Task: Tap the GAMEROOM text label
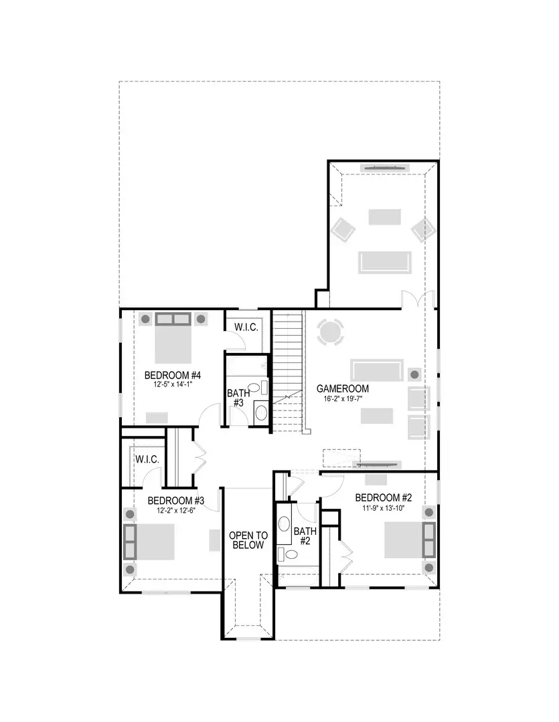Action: pyautogui.click(x=342, y=388)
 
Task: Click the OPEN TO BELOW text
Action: pyautogui.click(x=248, y=540)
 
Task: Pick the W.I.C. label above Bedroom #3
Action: pyautogui.click(x=147, y=460)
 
